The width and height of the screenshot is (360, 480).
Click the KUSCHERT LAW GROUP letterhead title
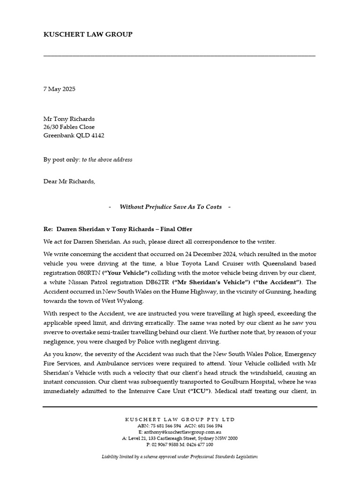point(88,34)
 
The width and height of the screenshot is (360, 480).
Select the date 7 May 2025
point(59,89)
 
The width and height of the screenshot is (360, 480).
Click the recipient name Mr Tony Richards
point(69,119)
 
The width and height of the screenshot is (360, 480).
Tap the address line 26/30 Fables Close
point(69,127)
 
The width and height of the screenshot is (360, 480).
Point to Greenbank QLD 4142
point(74,135)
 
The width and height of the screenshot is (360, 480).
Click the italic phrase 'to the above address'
point(107,160)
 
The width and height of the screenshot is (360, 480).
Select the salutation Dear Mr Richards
point(69,181)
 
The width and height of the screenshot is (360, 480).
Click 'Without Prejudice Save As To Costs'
point(171,207)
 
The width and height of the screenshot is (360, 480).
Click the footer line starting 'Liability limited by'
point(180,457)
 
